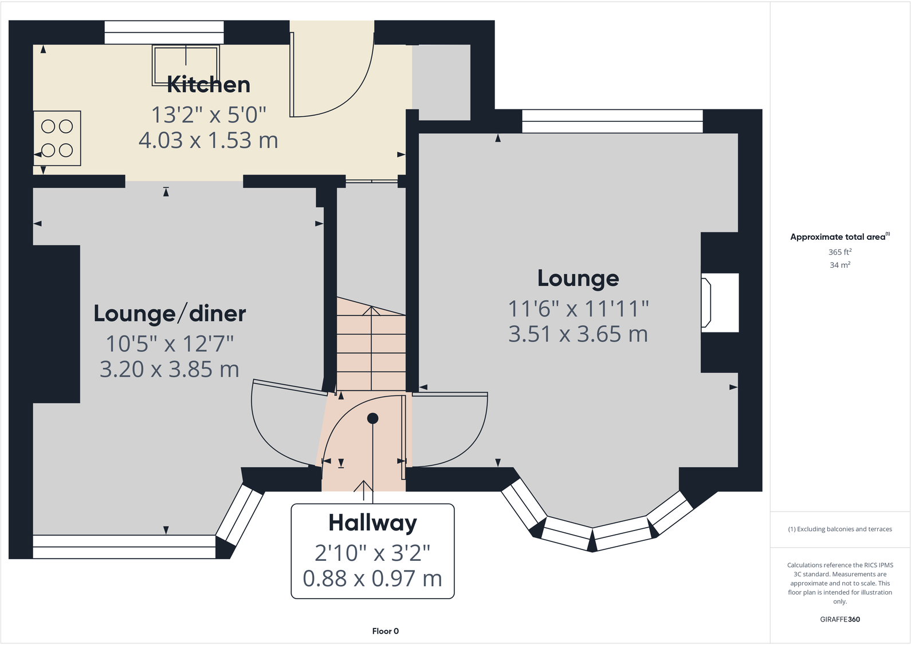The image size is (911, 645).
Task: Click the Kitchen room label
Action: click(209, 85)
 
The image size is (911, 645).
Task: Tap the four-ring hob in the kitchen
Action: click(57, 138)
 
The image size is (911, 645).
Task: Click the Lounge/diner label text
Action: click(170, 314)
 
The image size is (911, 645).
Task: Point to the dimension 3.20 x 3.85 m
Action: click(170, 370)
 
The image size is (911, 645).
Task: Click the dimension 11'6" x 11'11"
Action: click(578, 309)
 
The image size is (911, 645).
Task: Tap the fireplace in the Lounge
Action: click(719, 303)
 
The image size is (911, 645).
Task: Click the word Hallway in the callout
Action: click(372, 523)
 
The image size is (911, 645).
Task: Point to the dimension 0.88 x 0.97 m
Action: click(372, 579)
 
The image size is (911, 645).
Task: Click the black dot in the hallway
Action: click(373, 418)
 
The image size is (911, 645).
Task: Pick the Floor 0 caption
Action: click(385, 631)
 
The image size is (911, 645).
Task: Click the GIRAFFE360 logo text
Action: click(839, 619)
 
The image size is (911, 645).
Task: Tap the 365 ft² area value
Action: click(839, 252)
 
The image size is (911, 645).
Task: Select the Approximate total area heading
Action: click(838, 237)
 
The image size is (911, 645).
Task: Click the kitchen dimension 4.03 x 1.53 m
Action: click(209, 140)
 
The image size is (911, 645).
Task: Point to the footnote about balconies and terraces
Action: click(839, 529)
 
